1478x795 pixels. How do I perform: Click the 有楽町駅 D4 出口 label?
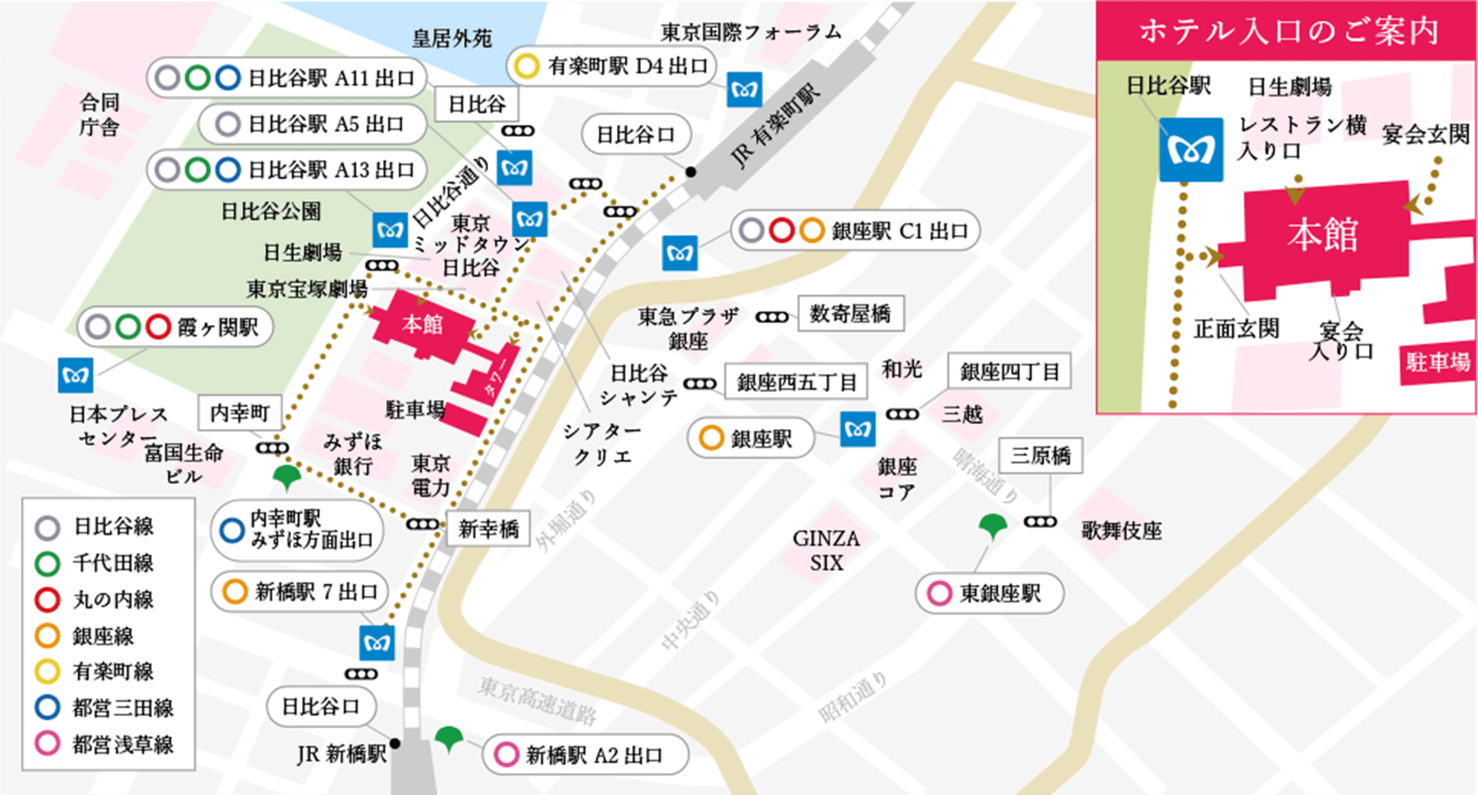click(611, 67)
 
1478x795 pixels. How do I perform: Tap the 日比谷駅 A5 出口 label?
click(313, 124)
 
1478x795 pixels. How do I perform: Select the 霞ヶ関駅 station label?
click(176, 328)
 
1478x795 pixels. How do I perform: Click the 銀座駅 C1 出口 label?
click(855, 231)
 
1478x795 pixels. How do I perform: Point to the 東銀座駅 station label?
click(990, 593)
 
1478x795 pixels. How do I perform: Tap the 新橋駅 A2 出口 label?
click(585, 755)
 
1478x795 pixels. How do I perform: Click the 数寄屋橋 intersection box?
click(850, 313)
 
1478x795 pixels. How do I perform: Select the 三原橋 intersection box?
click(1040, 456)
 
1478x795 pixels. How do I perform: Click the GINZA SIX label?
click(826, 550)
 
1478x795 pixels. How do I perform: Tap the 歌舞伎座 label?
click(1121, 531)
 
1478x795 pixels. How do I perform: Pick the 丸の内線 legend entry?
click(96, 599)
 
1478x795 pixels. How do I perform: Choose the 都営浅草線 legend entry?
click(105, 744)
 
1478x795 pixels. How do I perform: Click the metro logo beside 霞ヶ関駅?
click(76, 375)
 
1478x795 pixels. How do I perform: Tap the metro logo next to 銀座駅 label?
click(857, 430)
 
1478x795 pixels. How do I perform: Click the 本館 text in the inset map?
click(1322, 234)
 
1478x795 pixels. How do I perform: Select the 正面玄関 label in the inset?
click(1236, 329)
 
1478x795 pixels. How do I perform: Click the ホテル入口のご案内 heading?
click(1288, 31)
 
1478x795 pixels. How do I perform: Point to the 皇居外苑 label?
click(452, 38)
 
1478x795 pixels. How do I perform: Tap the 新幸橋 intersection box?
click(488, 529)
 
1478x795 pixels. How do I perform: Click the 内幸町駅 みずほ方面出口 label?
click(298, 529)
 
